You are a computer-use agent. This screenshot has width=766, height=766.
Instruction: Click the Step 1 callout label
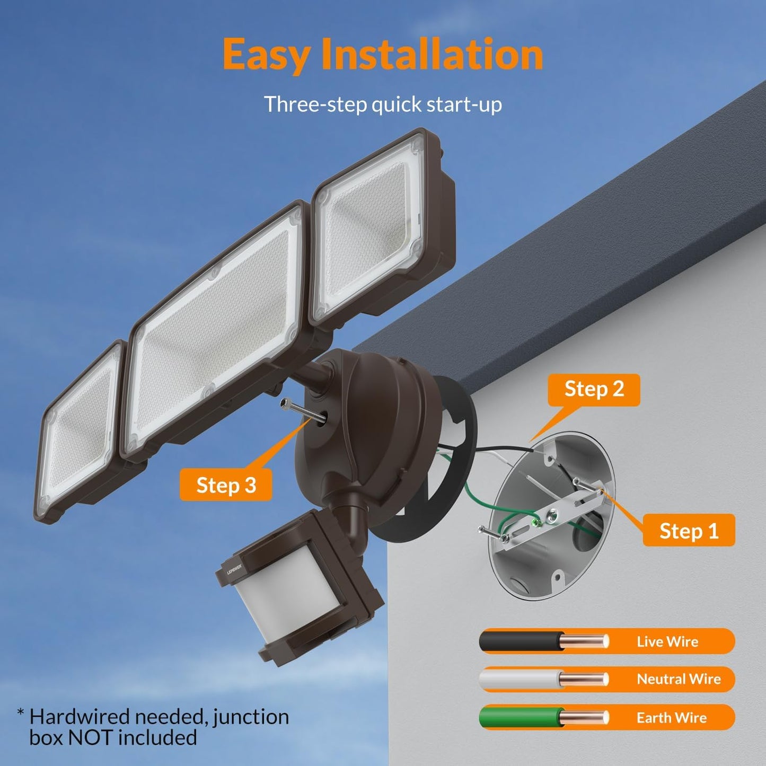point(689,530)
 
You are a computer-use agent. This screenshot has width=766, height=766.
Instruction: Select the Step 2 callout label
point(594,390)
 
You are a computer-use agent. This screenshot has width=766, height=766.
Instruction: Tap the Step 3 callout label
point(226,485)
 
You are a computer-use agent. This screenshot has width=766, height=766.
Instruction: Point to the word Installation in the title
point(432,55)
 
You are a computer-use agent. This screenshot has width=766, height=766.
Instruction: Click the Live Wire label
point(667,641)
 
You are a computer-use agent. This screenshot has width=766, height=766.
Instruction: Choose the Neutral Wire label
point(679,679)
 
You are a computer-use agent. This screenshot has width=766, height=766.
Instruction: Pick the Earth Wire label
point(672,718)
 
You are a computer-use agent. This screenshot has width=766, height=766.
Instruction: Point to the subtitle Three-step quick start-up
point(383,104)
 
